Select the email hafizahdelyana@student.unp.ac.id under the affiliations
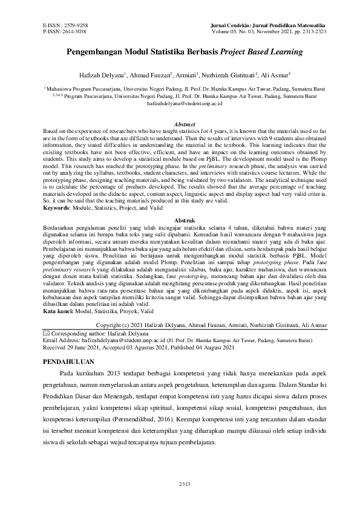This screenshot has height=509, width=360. point(180,103)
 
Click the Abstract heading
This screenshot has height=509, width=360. point(180,123)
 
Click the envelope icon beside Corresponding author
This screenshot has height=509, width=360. point(47,333)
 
